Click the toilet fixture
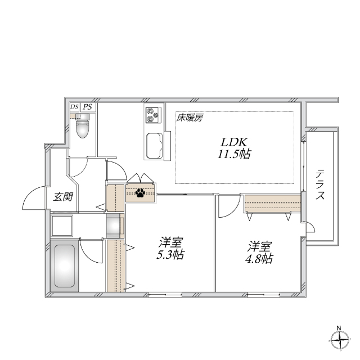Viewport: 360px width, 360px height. pos(83,127)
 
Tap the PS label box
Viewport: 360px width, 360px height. pos(88,107)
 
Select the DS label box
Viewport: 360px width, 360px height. pos(74,107)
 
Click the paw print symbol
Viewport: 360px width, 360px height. pos(140,193)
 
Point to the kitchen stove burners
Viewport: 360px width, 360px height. pos(152,115)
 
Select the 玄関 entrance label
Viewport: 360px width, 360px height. pos(61,197)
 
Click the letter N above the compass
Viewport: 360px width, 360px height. pos(339,327)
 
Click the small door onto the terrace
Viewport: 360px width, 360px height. pos(309,227)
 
